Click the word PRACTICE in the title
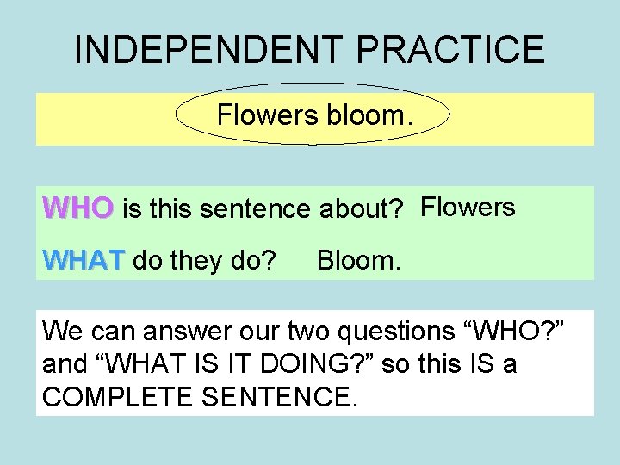[x=447, y=50]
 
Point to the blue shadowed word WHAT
[x=84, y=259]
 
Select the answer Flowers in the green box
[x=468, y=208]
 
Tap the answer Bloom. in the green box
[x=358, y=259]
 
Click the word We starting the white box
[x=59, y=330]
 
